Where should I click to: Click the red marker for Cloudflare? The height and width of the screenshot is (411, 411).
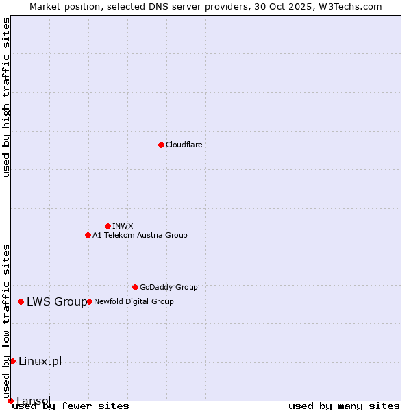(x=161, y=145)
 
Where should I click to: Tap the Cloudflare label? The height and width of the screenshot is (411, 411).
(x=184, y=145)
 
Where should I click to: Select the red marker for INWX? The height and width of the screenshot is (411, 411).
(x=108, y=226)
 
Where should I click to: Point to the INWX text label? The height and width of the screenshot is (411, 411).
(x=123, y=226)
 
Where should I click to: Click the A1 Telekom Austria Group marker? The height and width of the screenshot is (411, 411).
(x=88, y=235)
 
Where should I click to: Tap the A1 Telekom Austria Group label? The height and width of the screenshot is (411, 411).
(x=140, y=235)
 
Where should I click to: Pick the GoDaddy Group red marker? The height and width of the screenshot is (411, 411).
(x=135, y=287)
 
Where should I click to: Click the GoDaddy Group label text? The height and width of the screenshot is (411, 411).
(x=169, y=287)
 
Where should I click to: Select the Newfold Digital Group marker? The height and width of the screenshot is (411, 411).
(x=89, y=301)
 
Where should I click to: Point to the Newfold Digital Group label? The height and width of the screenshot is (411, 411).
(x=134, y=301)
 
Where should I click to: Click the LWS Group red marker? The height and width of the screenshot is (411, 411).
(x=21, y=301)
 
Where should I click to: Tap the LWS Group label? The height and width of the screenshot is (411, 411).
(x=57, y=301)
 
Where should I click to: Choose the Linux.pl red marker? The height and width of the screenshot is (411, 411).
(x=12, y=361)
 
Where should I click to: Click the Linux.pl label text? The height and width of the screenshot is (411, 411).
(x=40, y=361)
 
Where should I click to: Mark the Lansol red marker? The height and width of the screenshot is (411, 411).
(x=10, y=401)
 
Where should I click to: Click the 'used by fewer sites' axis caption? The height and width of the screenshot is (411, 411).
(x=71, y=406)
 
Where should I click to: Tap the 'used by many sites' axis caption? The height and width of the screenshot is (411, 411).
(x=344, y=406)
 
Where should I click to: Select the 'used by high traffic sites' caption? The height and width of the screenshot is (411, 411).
(x=6, y=98)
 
